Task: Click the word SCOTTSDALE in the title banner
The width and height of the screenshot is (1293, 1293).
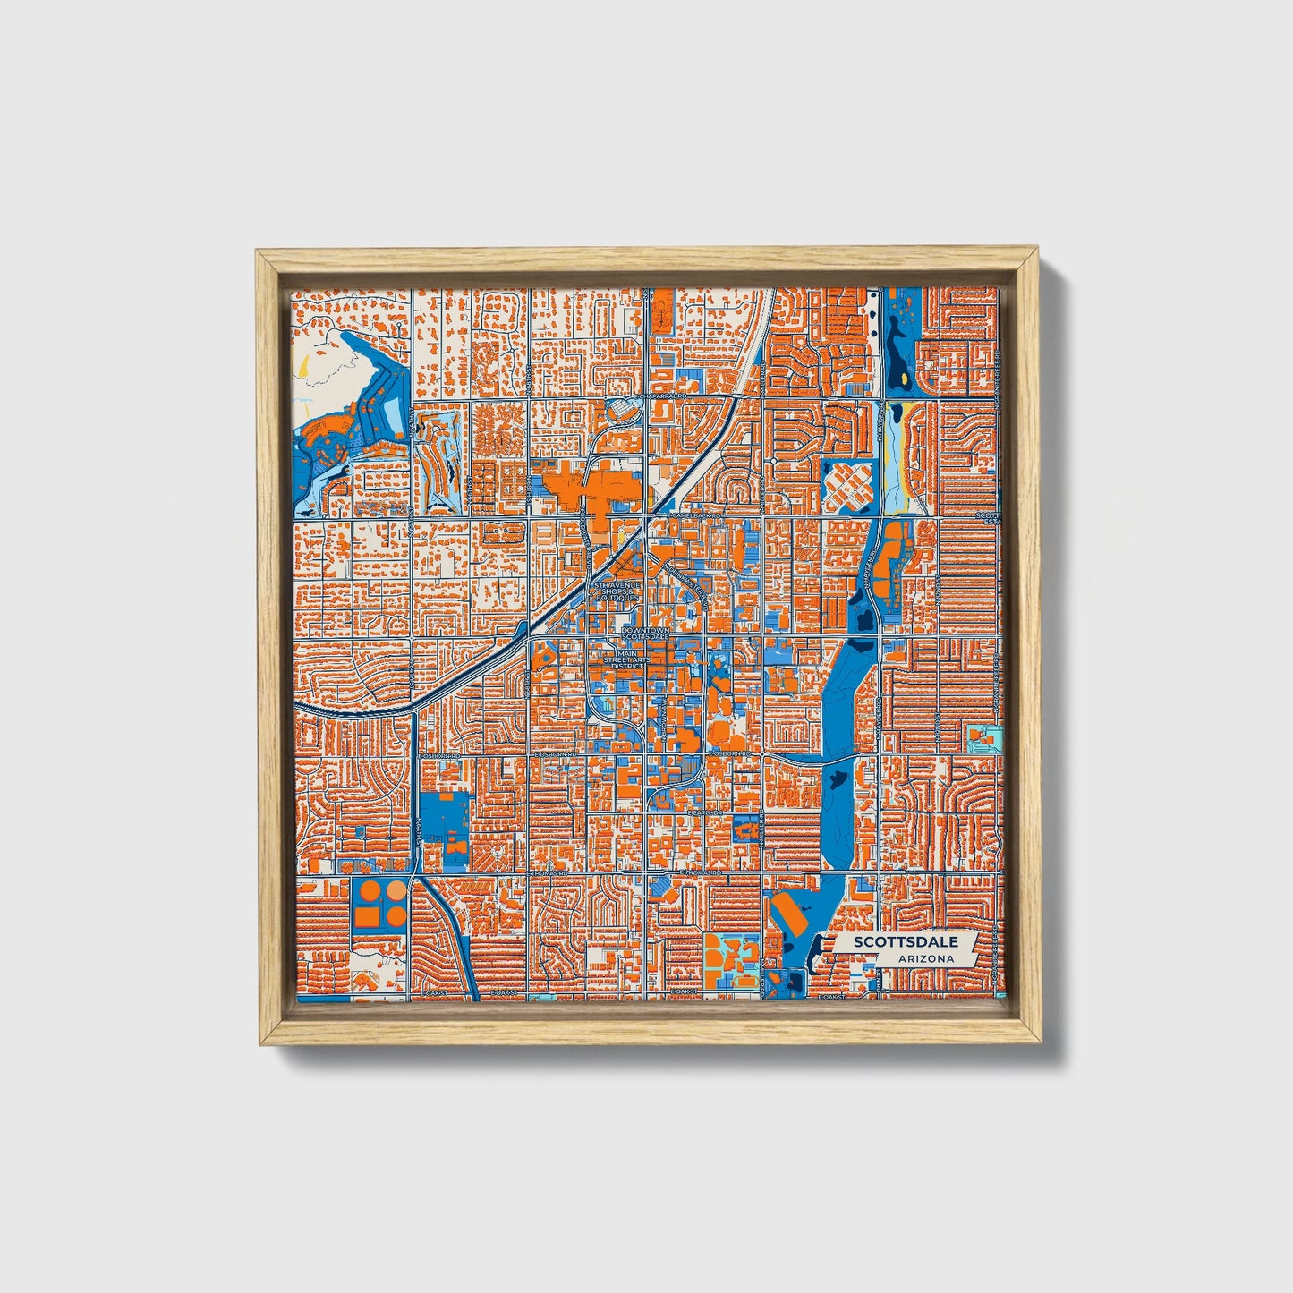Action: click(x=905, y=942)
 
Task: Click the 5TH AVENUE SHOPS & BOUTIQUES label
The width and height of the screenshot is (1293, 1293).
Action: click(x=615, y=591)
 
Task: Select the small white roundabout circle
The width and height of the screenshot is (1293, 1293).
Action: click(x=771, y=460)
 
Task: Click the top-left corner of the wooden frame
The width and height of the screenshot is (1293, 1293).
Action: click(x=259, y=253)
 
